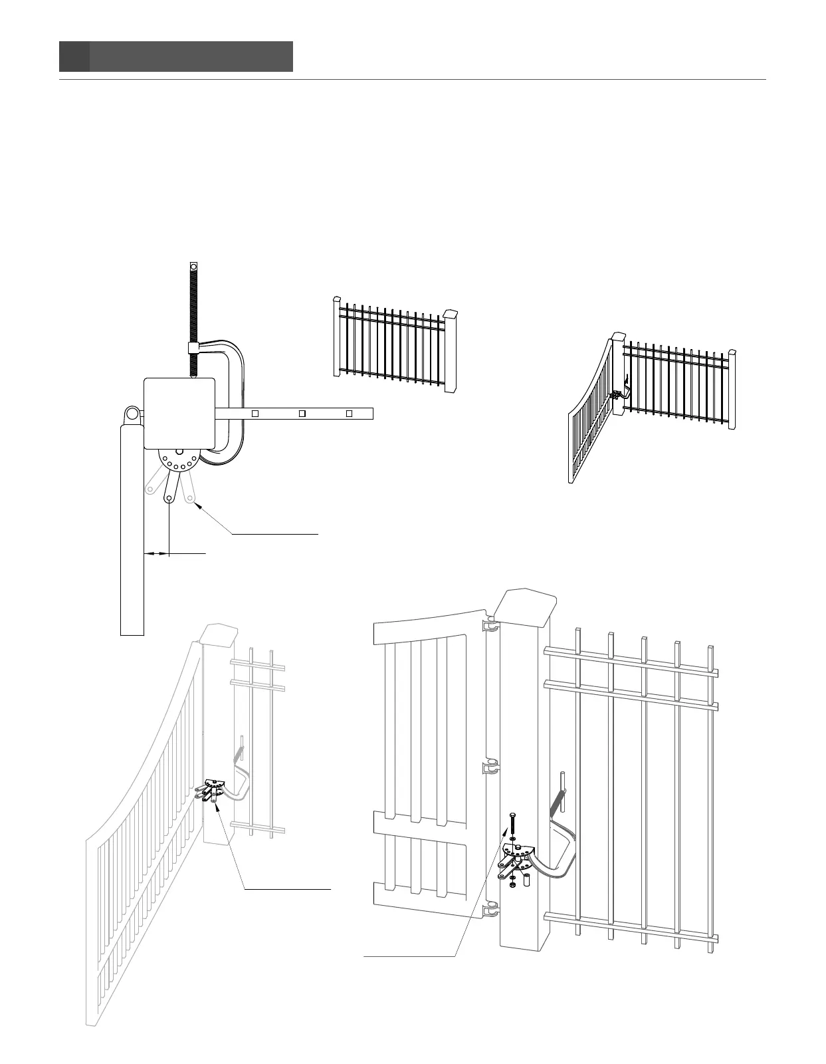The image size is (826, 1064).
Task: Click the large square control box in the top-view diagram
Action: coord(180,412)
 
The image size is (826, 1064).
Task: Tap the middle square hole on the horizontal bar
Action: coord(301,413)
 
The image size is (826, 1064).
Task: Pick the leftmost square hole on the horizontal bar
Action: coord(253,413)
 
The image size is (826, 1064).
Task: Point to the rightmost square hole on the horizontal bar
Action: coord(349,413)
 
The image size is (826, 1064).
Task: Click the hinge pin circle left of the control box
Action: coord(133,415)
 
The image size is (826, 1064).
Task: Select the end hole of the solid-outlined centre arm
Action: coord(170,497)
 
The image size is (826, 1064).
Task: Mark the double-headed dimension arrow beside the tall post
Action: coord(157,553)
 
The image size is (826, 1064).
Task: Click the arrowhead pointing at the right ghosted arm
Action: coord(197,505)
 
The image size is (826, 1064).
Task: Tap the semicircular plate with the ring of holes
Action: coord(177,460)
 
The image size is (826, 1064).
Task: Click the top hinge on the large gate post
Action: coord(490,626)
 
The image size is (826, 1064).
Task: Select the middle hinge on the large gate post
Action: coord(490,767)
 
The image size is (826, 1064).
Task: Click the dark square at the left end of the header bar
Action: coord(74,57)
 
